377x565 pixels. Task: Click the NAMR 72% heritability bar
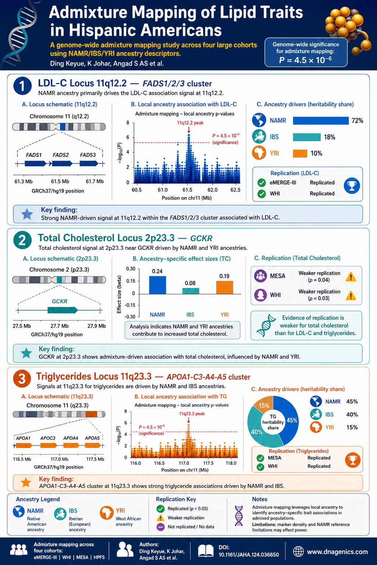321,121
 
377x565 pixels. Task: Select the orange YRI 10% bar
300,153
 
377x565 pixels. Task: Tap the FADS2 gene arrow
62,164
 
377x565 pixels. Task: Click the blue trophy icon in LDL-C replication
352,186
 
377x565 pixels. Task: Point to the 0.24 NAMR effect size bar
158,285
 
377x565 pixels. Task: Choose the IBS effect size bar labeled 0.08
191,291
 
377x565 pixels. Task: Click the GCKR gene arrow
63,310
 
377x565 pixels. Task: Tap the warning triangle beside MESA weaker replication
351,277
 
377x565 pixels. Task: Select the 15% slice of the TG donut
264,404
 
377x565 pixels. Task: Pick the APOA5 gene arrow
93,446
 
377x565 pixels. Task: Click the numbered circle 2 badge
22,240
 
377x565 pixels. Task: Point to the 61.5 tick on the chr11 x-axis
187,190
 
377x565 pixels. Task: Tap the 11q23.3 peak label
192,414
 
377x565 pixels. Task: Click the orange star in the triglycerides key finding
26,483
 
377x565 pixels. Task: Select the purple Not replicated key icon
161,527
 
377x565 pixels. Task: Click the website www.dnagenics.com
337,552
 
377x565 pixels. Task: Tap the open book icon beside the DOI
205,551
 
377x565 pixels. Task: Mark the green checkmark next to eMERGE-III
262,182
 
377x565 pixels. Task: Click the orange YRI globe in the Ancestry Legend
106,513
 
